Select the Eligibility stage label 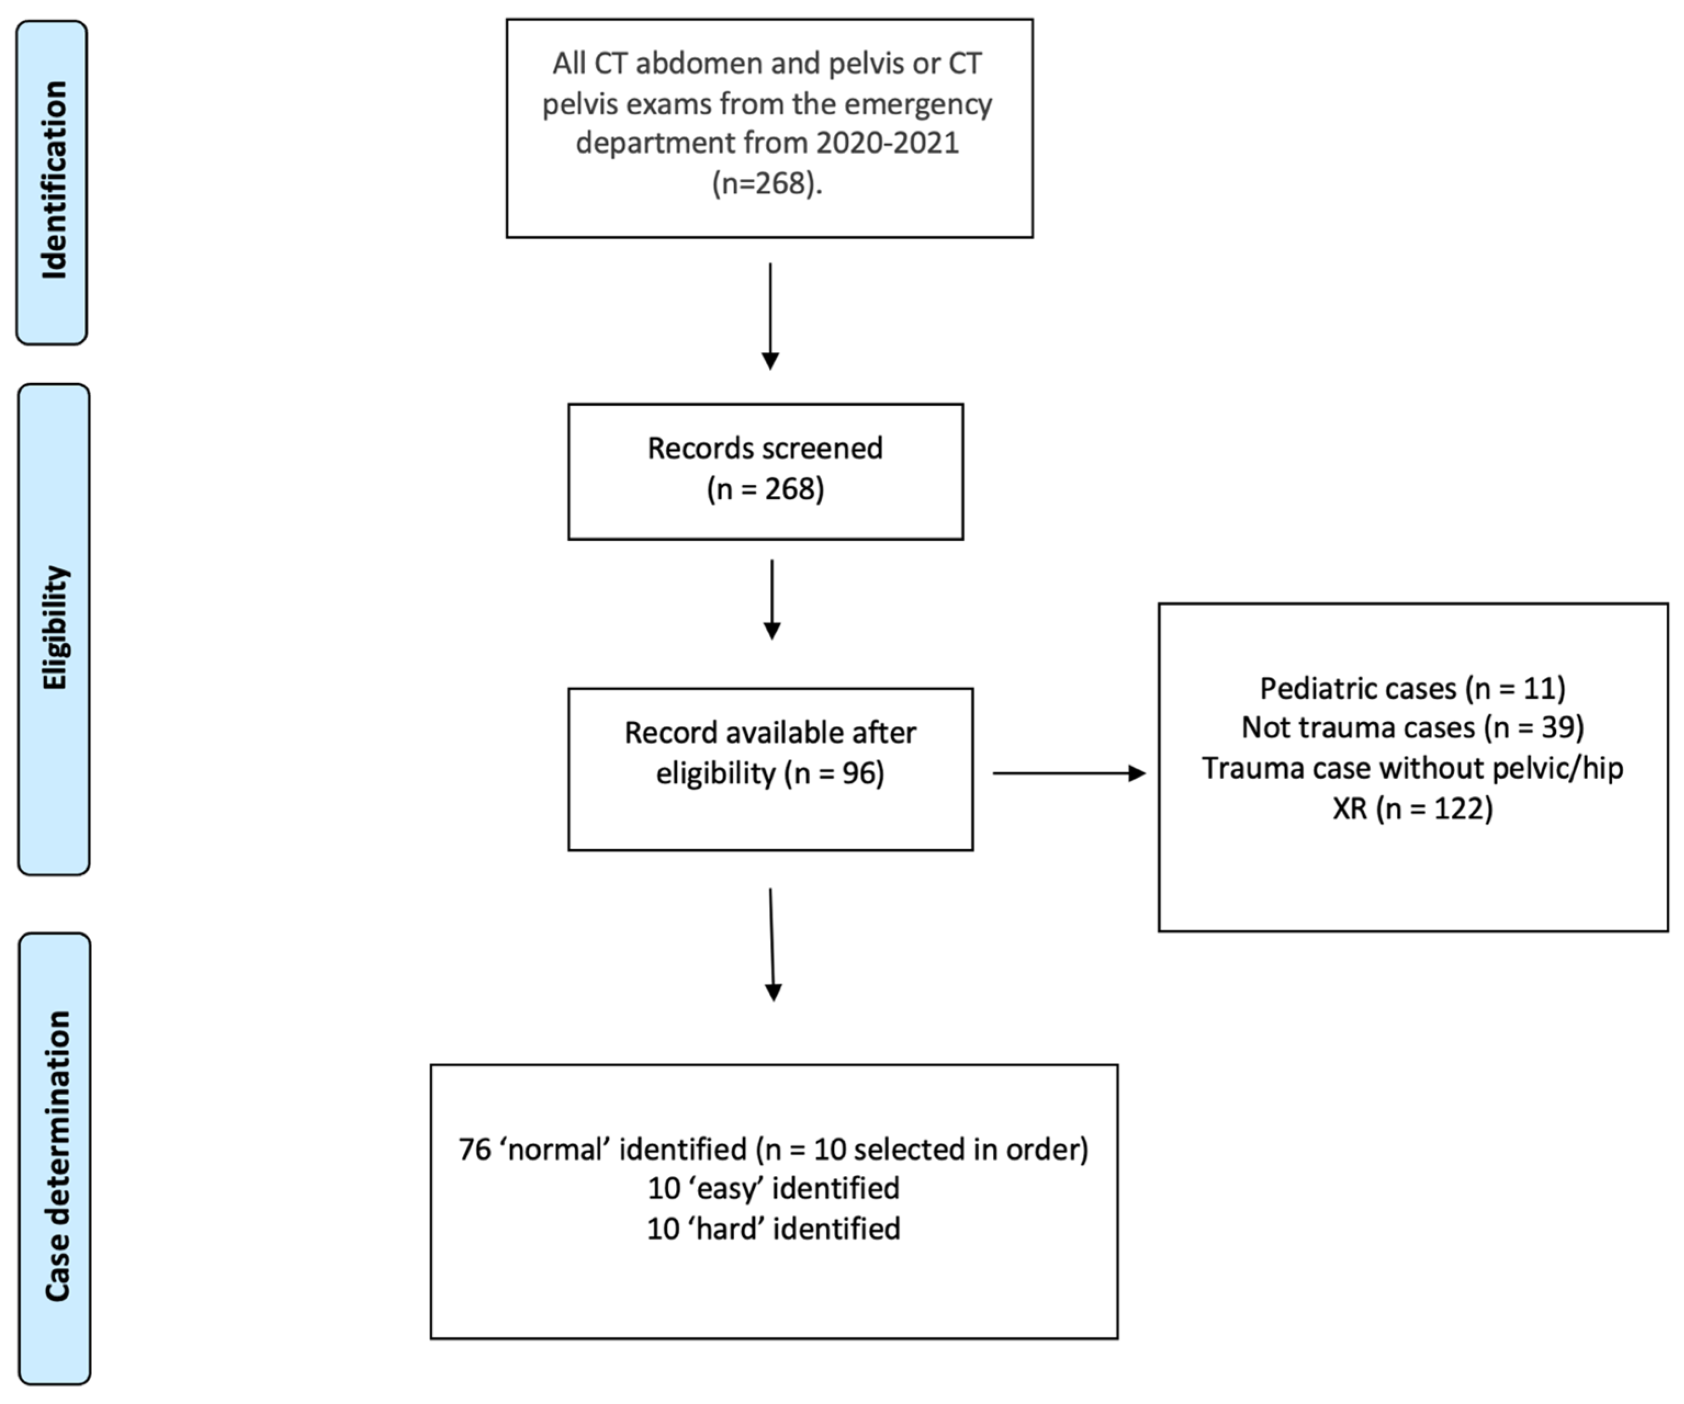click(54, 628)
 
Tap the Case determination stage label click(56, 1156)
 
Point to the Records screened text click(765, 448)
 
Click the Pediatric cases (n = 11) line click(1412, 688)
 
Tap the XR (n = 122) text click(1412, 809)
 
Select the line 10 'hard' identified click(773, 1228)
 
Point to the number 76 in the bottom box click(474, 1150)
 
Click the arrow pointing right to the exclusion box click(1069, 773)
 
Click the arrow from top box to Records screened click(770, 316)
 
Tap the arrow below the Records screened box click(771, 600)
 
